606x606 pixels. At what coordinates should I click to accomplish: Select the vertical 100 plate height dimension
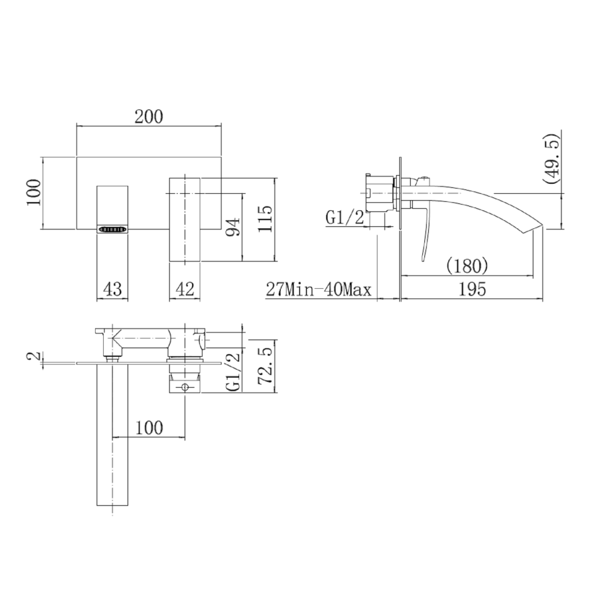point(35,194)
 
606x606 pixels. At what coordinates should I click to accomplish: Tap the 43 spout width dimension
point(113,289)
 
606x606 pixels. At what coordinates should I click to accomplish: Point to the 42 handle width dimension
point(184,289)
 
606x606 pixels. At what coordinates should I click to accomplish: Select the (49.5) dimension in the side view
point(553,159)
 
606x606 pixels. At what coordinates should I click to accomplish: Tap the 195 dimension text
point(473,290)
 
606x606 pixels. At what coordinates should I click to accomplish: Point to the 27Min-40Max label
point(319,290)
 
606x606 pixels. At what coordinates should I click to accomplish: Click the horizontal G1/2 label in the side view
point(345,217)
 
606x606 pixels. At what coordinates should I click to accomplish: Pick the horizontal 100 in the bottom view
point(149,427)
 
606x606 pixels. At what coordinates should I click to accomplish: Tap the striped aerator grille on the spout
point(113,229)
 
